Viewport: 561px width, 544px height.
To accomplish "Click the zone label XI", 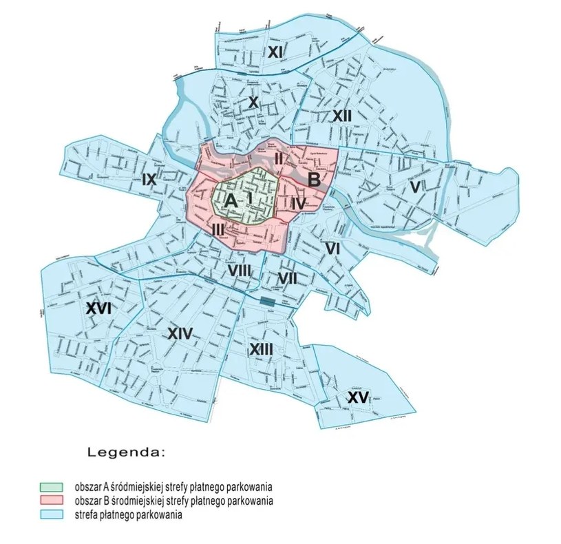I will pos(276,52).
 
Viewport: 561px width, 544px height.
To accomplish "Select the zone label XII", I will pos(341,116).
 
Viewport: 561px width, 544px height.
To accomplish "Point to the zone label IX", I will pos(149,180).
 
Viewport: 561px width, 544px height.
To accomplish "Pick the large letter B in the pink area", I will pos(314,181).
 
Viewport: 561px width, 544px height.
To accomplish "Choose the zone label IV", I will pos(297,204).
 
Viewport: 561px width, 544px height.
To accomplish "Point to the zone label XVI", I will pos(99,309).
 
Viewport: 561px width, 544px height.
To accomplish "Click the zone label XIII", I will pos(261,349).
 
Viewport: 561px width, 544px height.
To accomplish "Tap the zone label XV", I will pos(357,397).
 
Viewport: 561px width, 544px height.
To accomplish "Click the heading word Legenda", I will pos(126,452).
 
